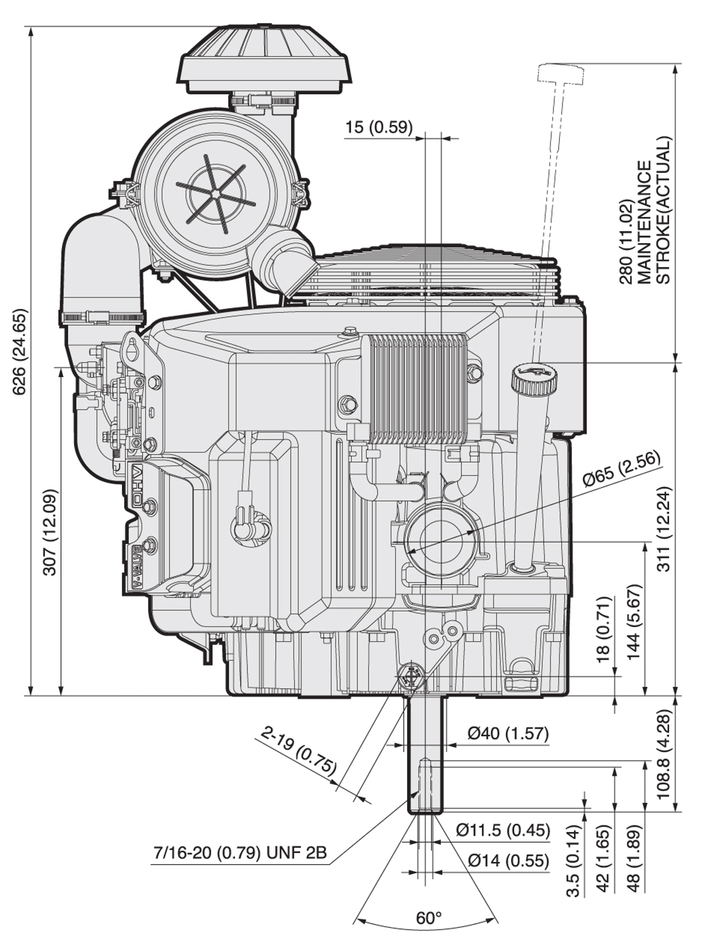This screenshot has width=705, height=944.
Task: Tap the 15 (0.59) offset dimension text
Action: (x=379, y=127)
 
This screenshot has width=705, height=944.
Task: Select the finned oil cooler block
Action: (x=418, y=388)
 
